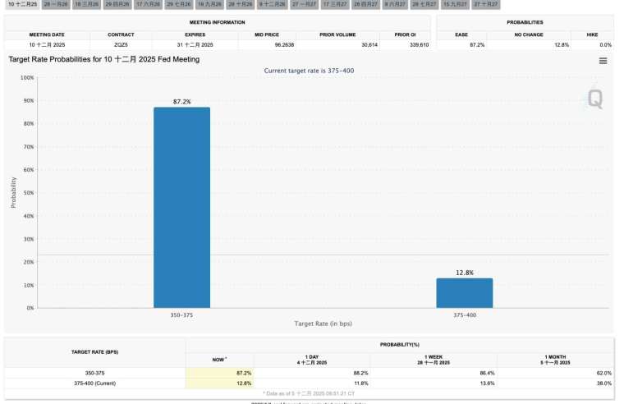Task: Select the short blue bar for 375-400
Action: (x=464, y=292)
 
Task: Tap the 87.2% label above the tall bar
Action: (x=181, y=102)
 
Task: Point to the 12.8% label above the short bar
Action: (x=464, y=273)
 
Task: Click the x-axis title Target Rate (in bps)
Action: (x=323, y=324)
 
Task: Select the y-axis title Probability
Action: (x=13, y=191)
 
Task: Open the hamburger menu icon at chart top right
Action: (x=603, y=61)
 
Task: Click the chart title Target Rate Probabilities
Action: (x=104, y=60)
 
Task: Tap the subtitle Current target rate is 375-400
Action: (x=310, y=71)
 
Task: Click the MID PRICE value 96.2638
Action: (x=284, y=44)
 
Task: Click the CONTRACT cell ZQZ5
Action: (x=121, y=44)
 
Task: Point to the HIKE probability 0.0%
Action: (x=605, y=44)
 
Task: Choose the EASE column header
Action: (x=461, y=34)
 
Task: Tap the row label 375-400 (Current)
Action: (x=95, y=383)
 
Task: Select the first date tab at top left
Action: (x=22, y=5)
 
